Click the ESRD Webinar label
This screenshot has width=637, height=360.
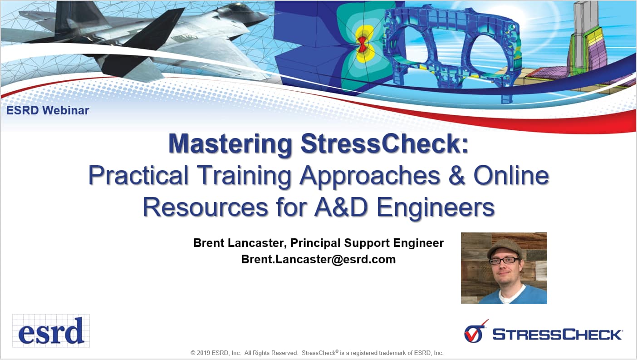pyautogui.click(x=48, y=110)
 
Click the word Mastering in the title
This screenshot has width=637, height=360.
pyautogui.click(x=230, y=144)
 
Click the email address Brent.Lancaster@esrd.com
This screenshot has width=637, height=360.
pyautogui.click(x=318, y=260)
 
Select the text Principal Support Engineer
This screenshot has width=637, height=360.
pyautogui.click(x=367, y=243)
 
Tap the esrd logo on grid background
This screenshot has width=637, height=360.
pyautogui.click(x=51, y=331)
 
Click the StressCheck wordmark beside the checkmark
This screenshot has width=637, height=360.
pyautogui.click(x=557, y=335)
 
